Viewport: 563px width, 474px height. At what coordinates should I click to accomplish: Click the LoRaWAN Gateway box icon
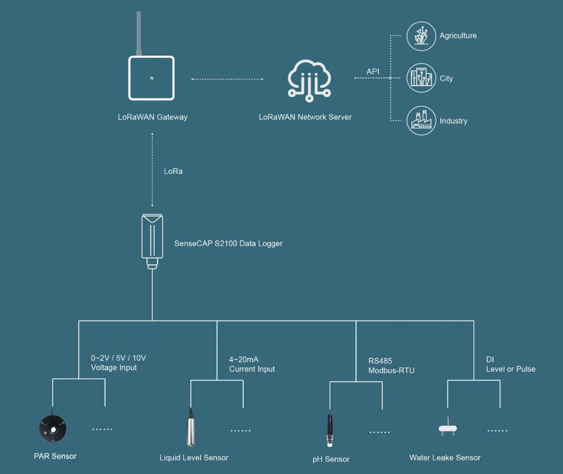click(152, 78)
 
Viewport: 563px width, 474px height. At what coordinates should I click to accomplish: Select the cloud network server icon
click(309, 80)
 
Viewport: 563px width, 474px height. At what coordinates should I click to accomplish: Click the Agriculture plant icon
click(421, 36)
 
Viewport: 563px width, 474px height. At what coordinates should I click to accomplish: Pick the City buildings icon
click(421, 78)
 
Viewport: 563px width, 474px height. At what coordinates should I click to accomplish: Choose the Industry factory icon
click(421, 121)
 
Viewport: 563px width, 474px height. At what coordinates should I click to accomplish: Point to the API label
click(373, 71)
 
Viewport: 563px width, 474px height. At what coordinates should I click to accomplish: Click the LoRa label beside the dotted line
click(173, 171)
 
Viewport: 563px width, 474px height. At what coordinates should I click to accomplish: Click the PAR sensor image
click(53, 428)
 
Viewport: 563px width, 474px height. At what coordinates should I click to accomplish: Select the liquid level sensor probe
click(191, 428)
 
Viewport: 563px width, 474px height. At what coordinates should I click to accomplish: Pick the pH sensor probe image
click(330, 429)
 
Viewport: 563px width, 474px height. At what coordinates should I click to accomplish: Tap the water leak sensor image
click(447, 428)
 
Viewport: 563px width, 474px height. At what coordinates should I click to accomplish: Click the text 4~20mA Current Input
click(252, 364)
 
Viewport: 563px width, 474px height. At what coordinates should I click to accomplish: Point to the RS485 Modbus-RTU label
click(391, 366)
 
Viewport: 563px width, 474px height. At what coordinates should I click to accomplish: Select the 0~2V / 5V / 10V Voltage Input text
click(118, 363)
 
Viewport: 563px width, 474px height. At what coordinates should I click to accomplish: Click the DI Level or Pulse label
click(510, 364)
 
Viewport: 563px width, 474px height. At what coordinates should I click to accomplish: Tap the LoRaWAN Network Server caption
click(305, 117)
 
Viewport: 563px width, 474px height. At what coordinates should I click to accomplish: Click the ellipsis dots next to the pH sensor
click(379, 432)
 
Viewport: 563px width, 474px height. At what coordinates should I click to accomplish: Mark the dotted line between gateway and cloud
click(227, 79)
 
